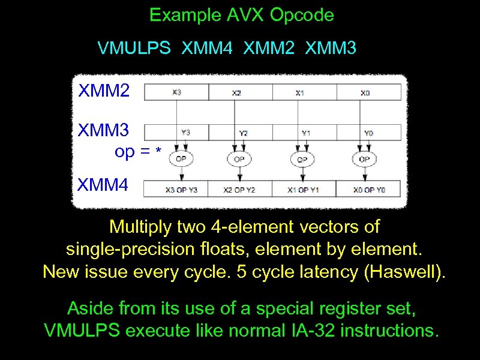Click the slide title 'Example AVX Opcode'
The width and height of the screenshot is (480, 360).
pos(241,15)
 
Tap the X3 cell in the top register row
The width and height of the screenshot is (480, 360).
pos(176,92)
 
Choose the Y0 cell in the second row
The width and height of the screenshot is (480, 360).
pos(368,133)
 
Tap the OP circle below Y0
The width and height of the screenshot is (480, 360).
pos(363,159)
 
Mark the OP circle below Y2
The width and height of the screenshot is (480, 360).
pos(239,159)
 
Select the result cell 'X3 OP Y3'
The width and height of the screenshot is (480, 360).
pos(176,190)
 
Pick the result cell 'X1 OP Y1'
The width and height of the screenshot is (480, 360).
pos(304,190)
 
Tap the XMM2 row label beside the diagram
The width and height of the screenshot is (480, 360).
pos(103,92)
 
